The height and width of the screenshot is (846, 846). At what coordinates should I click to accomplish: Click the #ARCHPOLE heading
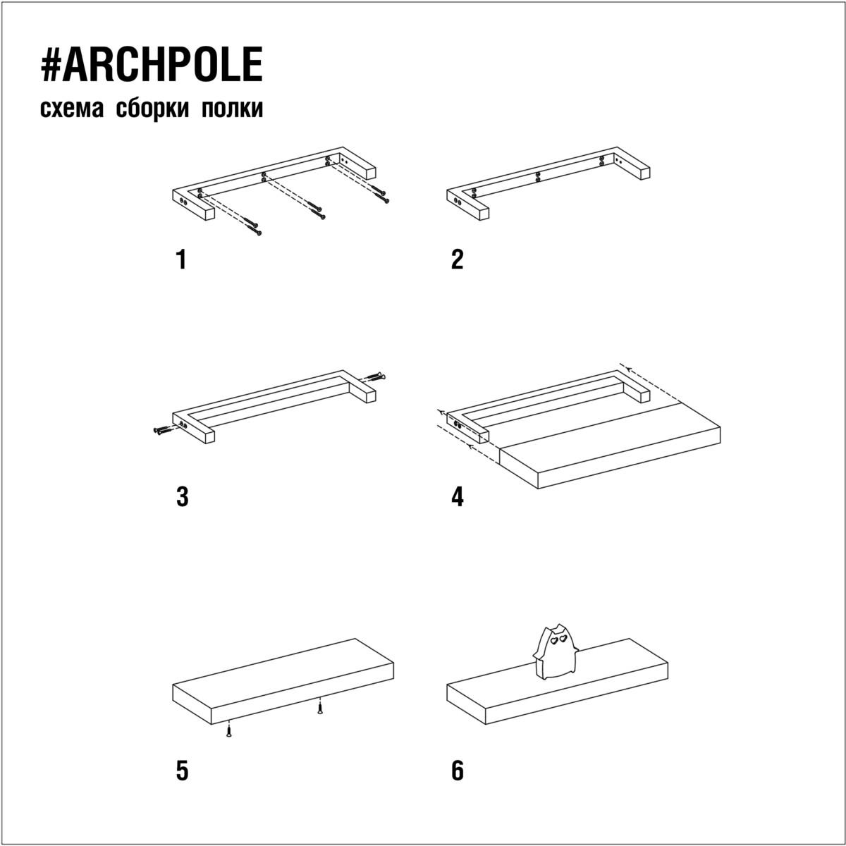click(152, 65)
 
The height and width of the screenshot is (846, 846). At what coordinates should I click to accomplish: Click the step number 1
click(181, 259)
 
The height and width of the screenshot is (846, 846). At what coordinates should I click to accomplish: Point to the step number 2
click(457, 259)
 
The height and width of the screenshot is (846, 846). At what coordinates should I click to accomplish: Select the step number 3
click(182, 498)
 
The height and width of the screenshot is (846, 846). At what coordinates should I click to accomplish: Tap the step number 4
click(458, 498)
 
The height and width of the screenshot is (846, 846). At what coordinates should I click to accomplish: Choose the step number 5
click(182, 771)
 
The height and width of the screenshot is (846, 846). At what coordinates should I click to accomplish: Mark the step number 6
click(458, 771)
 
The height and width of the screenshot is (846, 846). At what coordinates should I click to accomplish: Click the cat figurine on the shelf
click(555, 651)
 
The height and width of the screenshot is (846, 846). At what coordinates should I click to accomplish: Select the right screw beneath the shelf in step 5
click(320, 708)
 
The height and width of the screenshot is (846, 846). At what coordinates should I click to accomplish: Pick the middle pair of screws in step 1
click(317, 210)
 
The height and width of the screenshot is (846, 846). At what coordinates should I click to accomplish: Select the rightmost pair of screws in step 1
click(380, 194)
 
